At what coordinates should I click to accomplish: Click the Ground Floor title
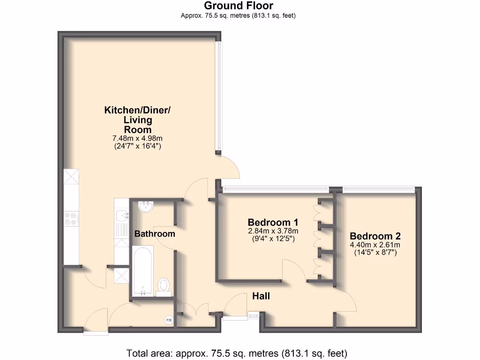[x=239, y=6]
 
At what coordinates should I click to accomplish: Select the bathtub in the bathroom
[x=142, y=271]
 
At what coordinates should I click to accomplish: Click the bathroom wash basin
[x=146, y=206]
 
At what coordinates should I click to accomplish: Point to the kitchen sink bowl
[x=124, y=215]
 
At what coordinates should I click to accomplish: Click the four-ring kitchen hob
[x=72, y=219]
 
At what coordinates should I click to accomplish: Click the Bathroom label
[x=155, y=233]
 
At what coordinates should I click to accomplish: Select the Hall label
[x=261, y=296]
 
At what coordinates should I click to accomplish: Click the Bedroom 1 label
[x=273, y=222]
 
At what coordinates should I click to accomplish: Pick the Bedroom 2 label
[x=375, y=236]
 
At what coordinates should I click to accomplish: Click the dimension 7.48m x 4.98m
[x=137, y=138]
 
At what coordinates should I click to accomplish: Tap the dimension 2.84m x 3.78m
[x=273, y=231]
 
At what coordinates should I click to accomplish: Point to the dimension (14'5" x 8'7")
[x=375, y=252]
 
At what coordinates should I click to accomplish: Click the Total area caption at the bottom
[x=237, y=353]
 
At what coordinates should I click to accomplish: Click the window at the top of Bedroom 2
[x=378, y=189]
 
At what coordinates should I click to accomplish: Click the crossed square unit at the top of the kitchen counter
[x=72, y=178]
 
